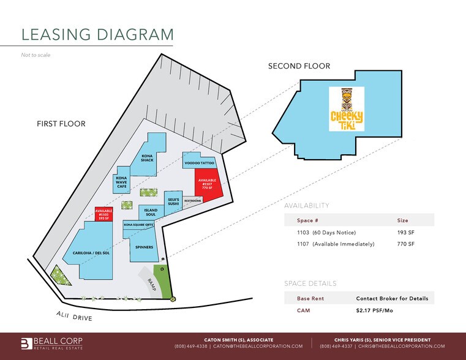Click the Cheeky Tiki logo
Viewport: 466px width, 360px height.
(x=347, y=109)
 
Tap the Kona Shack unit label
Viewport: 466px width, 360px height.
(x=146, y=157)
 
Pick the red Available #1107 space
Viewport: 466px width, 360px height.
(x=206, y=183)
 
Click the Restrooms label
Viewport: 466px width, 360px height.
(x=193, y=200)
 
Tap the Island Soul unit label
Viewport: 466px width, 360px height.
(x=151, y=212)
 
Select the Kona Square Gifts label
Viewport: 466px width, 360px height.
(x=138, y=225)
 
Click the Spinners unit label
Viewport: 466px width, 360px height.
(x=145, y=247)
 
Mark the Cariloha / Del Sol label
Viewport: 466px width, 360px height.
(x=91, y=252)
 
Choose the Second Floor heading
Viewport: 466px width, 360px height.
(x=299, y=66)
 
